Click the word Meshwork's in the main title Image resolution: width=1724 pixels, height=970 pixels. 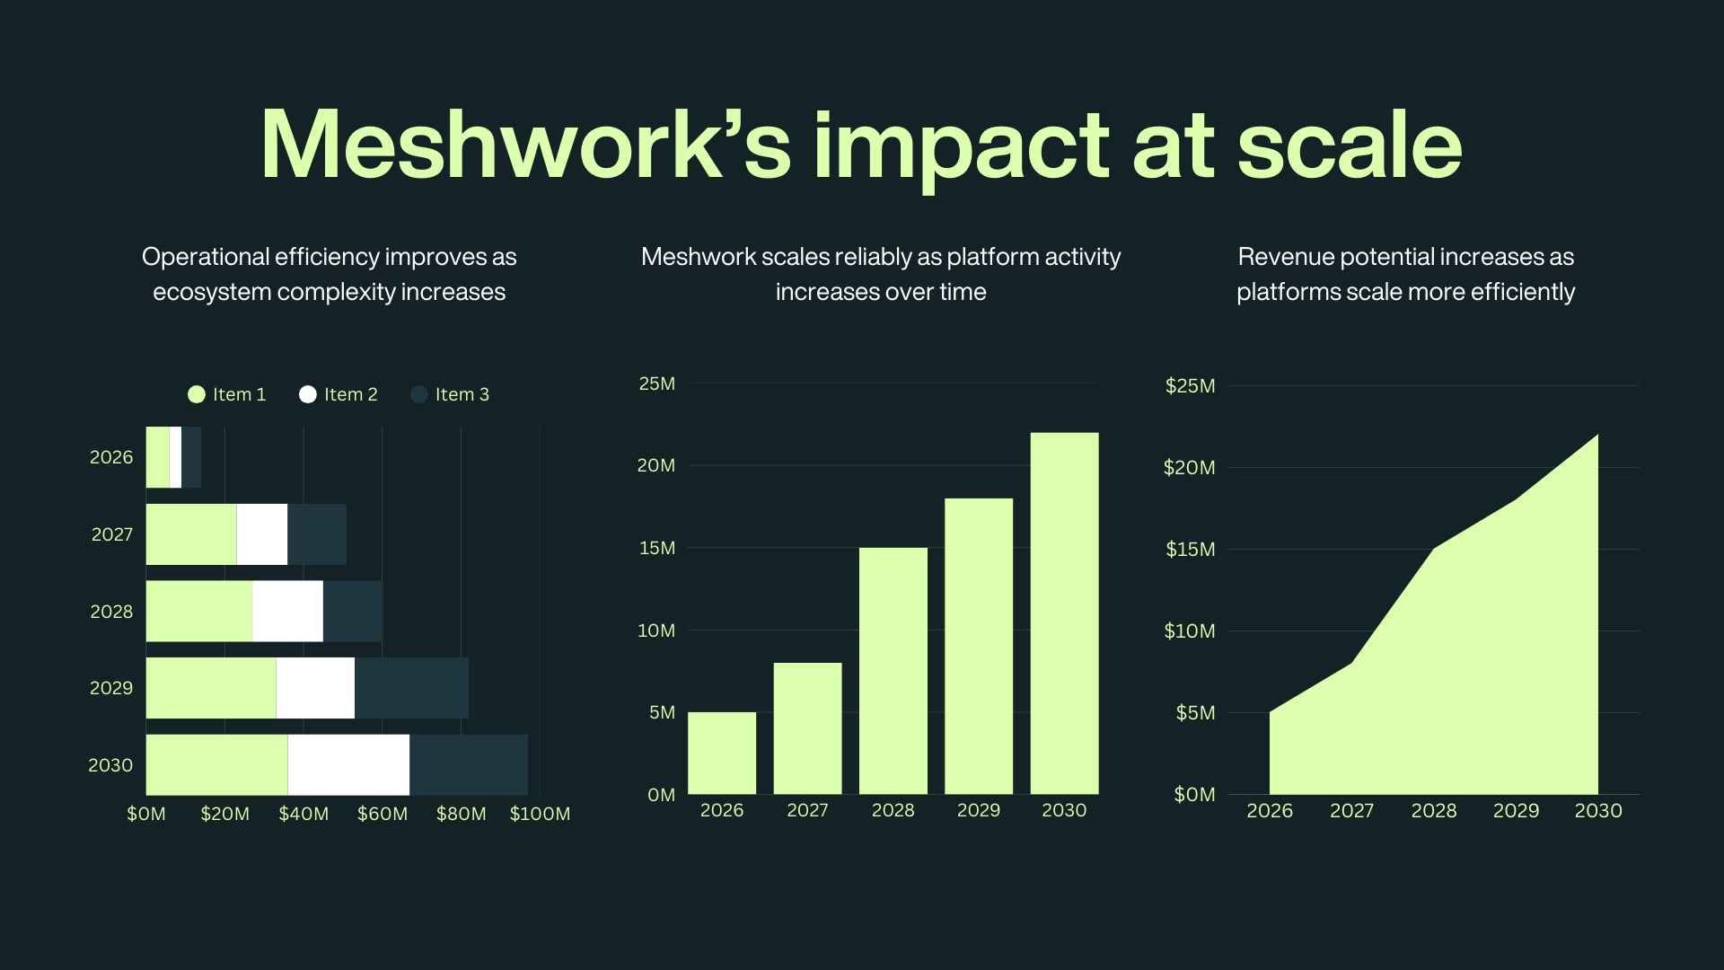point(525,145)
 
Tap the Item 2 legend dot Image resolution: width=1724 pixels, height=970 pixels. point(308,394)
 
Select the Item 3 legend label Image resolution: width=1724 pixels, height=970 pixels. point(462,394)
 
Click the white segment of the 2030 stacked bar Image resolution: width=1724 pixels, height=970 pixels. point(348,764)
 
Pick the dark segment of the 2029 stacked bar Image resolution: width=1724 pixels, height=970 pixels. point(411,688)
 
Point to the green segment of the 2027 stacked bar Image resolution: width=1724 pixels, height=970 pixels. point(191,534)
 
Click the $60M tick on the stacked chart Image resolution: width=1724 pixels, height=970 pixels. point(383,814)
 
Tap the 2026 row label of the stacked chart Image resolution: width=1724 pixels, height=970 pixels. point(111,457)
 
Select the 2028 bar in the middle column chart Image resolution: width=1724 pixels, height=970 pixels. point(893,671)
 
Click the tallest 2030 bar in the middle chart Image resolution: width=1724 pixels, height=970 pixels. point(1064,613)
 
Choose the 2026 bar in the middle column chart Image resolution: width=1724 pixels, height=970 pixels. point(722,753)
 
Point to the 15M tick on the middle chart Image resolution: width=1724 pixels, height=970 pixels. point(656,548)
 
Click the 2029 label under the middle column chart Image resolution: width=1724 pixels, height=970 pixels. point(978,810)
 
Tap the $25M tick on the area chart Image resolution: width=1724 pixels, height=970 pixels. point(1190,386)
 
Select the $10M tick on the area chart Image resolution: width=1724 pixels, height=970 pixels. point(1190,631)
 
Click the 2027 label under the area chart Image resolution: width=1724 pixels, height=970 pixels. point(1351,811)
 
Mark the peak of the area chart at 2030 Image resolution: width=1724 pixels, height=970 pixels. point(1596,436)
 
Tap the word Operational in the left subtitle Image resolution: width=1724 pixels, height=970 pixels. point(206,257)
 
